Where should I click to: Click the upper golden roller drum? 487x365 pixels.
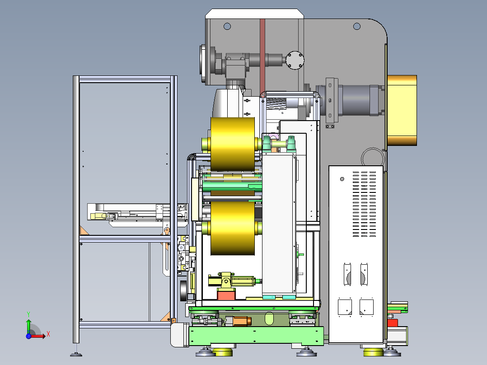coord(233,144)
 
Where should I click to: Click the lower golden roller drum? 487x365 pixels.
coord(233,229)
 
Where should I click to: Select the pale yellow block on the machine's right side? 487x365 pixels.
coord(402,110)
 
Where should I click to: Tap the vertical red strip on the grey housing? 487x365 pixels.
coord(262,56)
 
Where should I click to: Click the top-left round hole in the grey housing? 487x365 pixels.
coord(227,26)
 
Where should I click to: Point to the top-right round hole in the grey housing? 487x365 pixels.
coord(357,26)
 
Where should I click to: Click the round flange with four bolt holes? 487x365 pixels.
coord(295,60)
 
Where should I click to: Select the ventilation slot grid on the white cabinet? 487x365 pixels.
coord(364,204)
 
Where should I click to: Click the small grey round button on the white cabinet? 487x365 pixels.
coord(342,179)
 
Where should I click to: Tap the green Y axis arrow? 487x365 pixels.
coord(28,326)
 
